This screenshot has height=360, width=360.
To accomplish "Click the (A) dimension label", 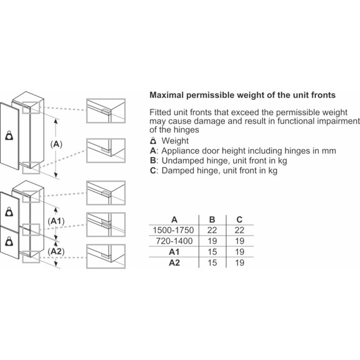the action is click(56, 144).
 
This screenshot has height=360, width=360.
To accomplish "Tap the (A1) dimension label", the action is click(56, 221).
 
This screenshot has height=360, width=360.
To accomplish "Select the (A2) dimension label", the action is click(56, 251).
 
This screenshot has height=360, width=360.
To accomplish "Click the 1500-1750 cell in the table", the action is click(173, 230).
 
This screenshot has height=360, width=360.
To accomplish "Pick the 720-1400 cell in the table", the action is click(174, 241).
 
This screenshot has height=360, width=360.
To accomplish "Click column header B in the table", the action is click(212, 220).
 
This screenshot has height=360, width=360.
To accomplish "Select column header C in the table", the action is click(239, 220).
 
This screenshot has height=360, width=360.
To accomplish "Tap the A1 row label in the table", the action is click(174, 252).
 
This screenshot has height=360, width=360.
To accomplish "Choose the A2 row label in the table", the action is click(174, 263).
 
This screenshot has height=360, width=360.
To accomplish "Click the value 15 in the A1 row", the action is click(212, 252).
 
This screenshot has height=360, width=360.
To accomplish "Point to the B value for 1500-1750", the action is click(212, 230).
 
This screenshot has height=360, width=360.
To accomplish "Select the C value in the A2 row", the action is click(239, 263).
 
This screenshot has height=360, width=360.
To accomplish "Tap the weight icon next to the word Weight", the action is click(153, 141).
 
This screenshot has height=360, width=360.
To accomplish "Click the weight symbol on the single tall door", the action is click(9, 135).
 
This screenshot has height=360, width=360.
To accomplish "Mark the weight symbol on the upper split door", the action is click(9, 212).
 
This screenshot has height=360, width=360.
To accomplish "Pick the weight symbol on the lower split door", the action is click(9, 241).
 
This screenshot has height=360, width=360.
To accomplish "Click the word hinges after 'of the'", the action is click(186, 130).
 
